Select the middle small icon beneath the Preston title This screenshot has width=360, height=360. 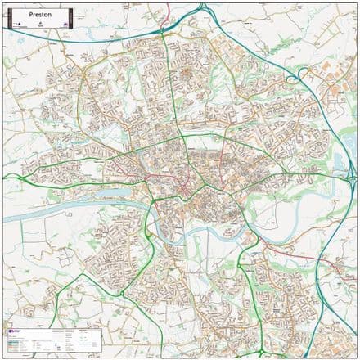(40, 25)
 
